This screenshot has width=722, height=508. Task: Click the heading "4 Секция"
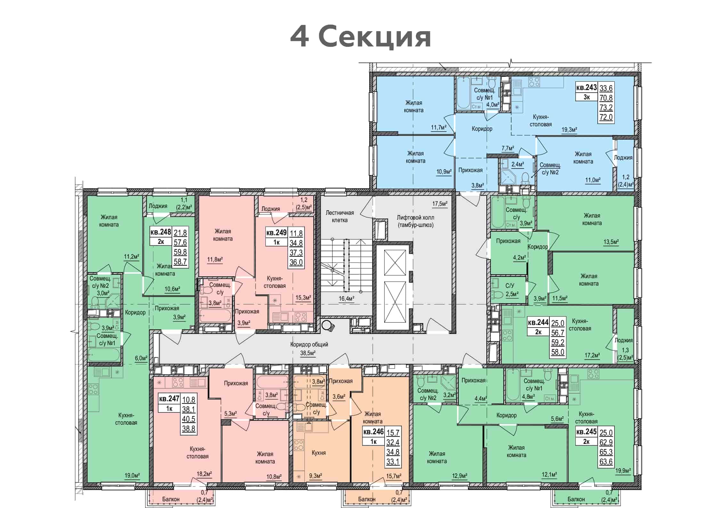[x=361, y=37]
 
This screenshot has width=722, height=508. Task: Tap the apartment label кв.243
[x=587, y=87]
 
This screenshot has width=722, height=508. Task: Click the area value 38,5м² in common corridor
[x=307, y=353]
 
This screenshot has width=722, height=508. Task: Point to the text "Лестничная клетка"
[x=340, y=216]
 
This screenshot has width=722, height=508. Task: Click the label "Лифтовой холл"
[x=415, y=218]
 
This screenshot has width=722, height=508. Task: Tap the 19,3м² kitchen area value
[x=569, y=130]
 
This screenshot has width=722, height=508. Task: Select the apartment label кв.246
[x=373, y=432]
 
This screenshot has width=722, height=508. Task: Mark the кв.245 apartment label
[x=587, y=432]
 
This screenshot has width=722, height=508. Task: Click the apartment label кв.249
[x=276, y=233]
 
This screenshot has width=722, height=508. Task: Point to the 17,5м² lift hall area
[x=440, y=204]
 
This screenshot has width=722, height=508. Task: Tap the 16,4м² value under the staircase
[x=346, y=299]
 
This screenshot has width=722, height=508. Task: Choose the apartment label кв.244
[x=538, y=322]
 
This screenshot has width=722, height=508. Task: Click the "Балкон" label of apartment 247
[x=171, y=499]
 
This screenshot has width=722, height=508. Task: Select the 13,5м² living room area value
[x=611, y=242]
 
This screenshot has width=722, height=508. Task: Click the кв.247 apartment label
[x=169, y=399]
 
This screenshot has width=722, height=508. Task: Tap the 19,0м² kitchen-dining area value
[x=132, y=475]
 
